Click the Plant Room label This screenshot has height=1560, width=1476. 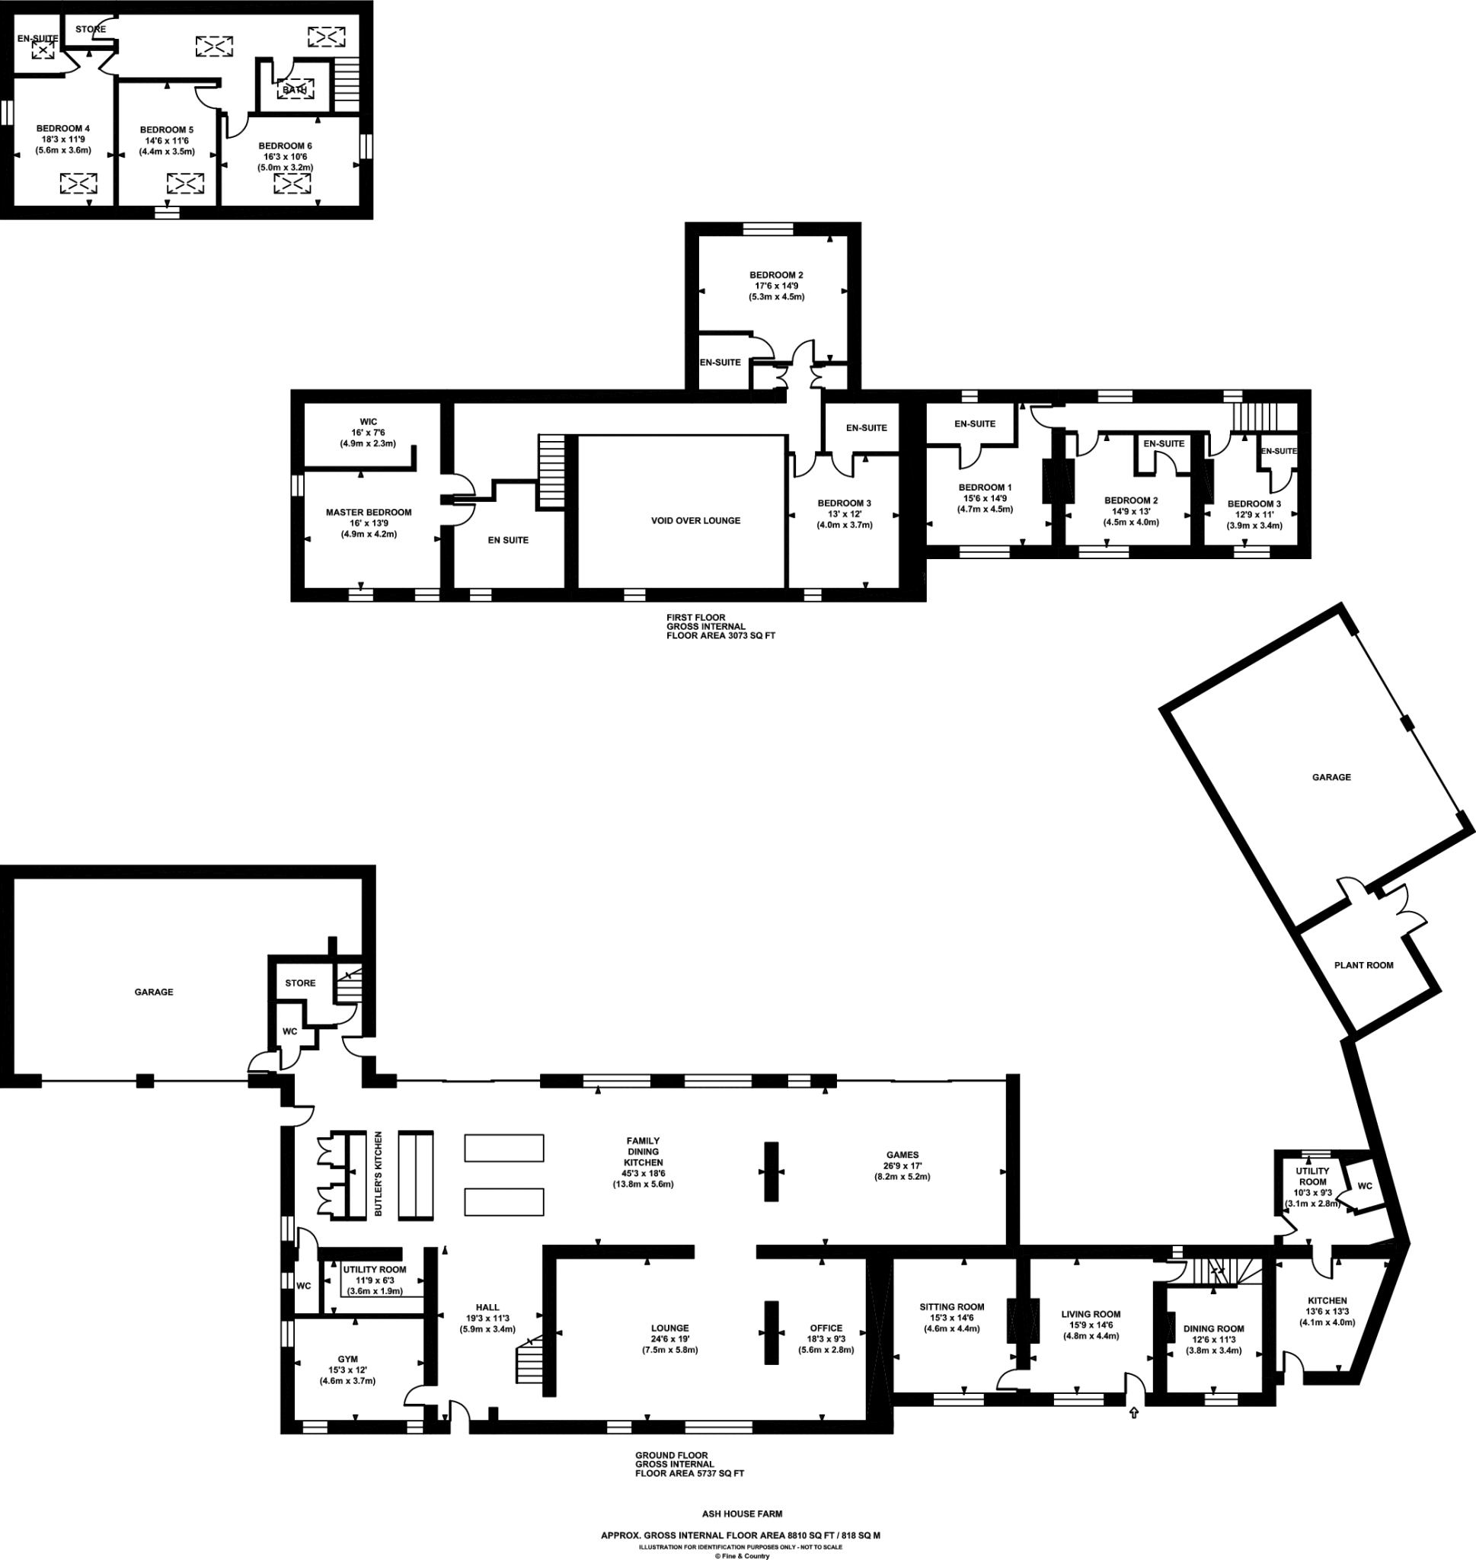point(1363,965)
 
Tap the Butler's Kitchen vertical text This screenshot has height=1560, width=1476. point(379,1174)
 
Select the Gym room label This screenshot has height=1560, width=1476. point(348,1359)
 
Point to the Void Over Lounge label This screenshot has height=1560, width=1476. point(695,521)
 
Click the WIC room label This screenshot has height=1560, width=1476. point(368,422)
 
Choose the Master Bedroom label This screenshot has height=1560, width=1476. point(368,512)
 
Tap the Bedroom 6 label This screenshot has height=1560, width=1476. point(285,145)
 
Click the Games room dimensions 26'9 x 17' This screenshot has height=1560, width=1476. point(902,1166)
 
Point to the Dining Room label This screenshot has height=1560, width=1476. point(1213,1328)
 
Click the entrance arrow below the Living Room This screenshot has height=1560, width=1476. point(1134,1413)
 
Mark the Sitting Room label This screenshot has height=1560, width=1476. point(951,1306)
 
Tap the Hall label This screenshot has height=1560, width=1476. point(487,1307)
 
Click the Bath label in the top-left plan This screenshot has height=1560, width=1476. point(294,90)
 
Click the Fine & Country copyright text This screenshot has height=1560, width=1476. point(742,1556)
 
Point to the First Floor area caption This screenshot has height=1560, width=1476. point(720,626)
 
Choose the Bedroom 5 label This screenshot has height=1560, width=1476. point(167,129)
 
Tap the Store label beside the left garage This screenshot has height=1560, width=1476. point(300,983)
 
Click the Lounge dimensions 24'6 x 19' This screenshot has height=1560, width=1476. point(669,1339)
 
